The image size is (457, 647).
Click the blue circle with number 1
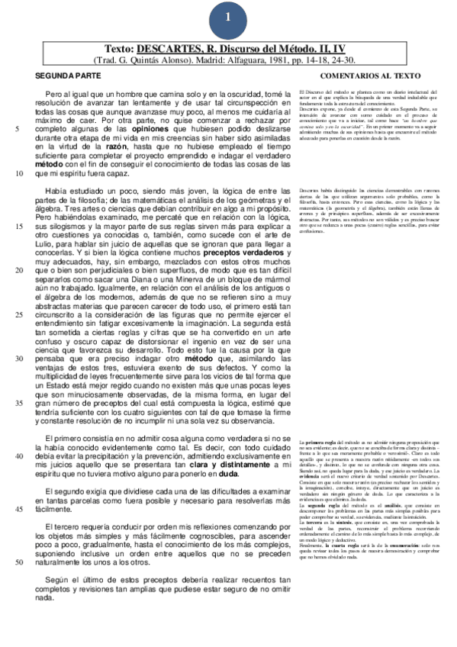(x=228, y=16)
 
